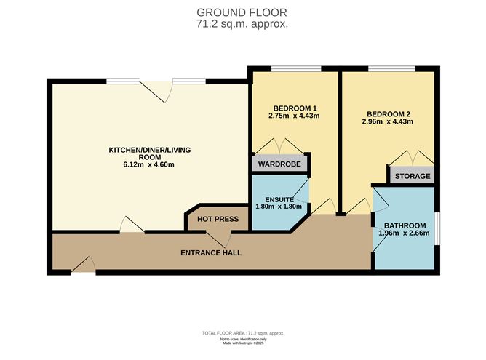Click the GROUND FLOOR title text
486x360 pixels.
pos(243,12)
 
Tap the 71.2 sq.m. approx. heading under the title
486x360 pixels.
pos(243,23)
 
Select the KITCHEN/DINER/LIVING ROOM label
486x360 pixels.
pos(142,153)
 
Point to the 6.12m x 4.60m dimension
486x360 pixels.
pos(142,165)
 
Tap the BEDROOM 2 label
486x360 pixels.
pos(389,113)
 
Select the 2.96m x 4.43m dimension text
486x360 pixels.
pos(389,121)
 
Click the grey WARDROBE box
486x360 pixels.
pos(280,164)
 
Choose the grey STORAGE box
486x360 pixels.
pos(413,176)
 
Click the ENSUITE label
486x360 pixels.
pos(279,199)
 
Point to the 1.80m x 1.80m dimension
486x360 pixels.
pos(279,207)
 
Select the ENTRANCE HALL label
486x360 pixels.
pos(211,253)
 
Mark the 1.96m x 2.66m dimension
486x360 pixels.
pos(405,233)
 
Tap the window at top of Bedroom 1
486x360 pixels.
pos(296,69)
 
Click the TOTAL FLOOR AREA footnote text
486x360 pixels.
pos(243,333)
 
